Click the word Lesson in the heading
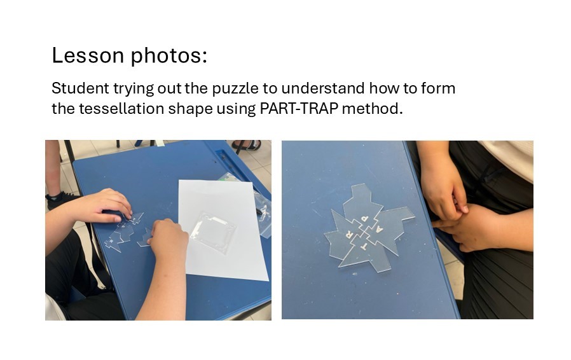88,55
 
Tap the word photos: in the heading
169,57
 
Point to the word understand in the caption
323,88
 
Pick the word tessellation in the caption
121,109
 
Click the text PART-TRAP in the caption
299,109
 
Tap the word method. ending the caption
373,109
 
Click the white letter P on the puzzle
364,219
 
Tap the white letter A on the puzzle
379,229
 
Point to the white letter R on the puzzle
350,232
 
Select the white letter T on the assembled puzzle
364,246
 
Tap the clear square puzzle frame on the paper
212,232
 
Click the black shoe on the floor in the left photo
59,199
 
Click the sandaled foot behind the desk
247,146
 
